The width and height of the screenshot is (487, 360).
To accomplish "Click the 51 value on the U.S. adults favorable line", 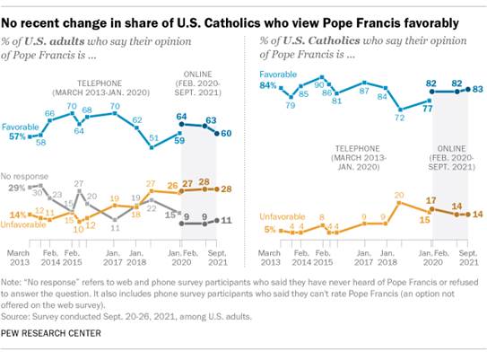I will coord(153,137).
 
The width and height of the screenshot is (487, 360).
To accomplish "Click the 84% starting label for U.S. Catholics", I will coord(266,85).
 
